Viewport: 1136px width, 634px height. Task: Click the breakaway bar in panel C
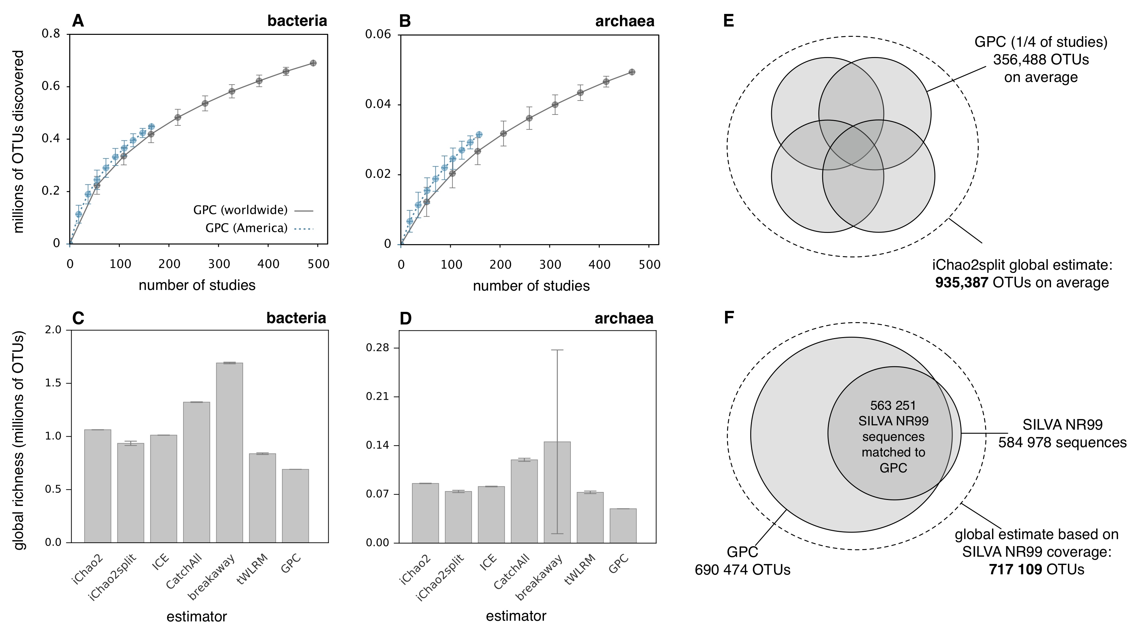(229, 452)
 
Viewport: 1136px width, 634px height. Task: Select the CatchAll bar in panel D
(524, 501)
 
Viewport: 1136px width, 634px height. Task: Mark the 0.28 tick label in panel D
(378, 348)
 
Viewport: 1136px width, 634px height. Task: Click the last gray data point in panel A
(313, 63)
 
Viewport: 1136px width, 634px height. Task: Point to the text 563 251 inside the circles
(893, 405)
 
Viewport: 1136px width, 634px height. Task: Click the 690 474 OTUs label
(742, 570)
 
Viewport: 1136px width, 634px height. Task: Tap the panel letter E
(728, 21)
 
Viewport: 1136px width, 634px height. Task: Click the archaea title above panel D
(624, 318)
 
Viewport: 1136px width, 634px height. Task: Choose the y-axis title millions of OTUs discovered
(19, 141)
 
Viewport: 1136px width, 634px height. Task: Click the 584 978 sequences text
(1062, 443)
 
